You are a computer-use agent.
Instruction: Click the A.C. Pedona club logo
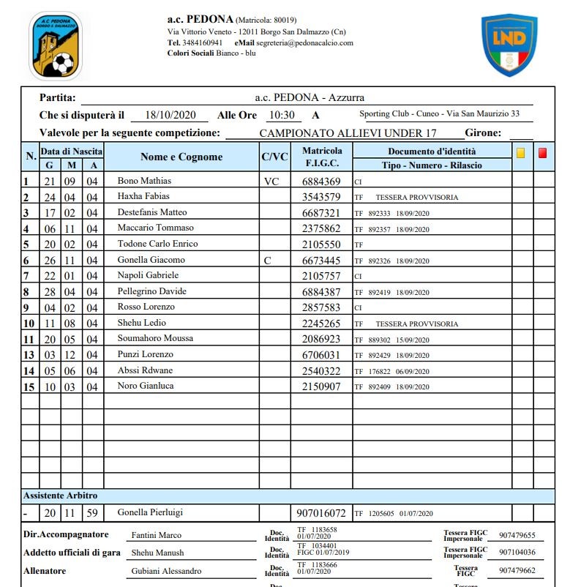(x=55, y=46)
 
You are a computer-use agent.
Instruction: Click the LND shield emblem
(x=509, y=46)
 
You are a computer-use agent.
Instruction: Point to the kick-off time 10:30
(x=281, y=116)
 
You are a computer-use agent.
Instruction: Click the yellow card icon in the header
(x=521, y=153)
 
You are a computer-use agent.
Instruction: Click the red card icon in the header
(x=543, y=153)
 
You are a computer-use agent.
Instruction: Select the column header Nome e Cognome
(x=181, y=157)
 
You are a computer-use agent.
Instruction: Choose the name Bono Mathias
(x=144, y=181)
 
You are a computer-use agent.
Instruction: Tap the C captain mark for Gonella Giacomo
(x=268, y=261)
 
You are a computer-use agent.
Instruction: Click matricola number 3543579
(x=321, y=198)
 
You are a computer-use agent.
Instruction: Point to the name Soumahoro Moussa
(x=155, y=338)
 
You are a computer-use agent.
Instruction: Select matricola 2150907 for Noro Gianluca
(x=321, y=386)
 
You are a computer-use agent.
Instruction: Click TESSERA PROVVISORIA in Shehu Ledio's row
(x=416, y=324)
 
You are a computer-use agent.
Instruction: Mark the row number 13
(x=29, y=355)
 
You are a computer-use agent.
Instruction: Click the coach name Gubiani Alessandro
(x=166, y=572)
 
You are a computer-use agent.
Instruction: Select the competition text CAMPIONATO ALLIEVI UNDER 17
(x=348, y=133)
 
